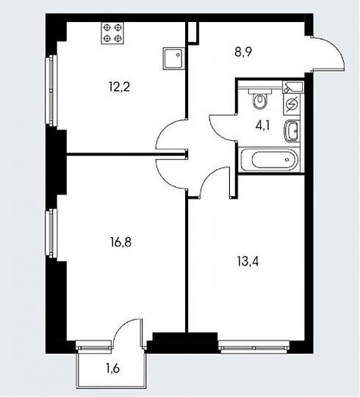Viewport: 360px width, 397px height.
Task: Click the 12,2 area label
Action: pyautogui.click(x=119, y=87)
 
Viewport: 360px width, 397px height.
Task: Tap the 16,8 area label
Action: pyautogui.click(x=121, y=242)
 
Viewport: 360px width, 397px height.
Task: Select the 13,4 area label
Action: pyautogui.click(x=248, y=261)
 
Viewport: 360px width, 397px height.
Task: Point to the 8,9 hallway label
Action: pyautogui.click(x=243, y=53)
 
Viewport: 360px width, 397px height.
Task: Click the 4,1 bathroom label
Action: pyautogui.click(x=263, y=125)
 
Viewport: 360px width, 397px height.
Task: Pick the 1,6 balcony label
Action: pyautogui.click(x=113, y=368)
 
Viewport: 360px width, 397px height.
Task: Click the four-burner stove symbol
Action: pyautogui.click(x=112, y=33)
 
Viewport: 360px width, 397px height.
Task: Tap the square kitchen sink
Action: pyautogui.click(x=173, y=58)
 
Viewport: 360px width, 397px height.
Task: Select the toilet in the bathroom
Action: pyautogui.click(x=260, y=99)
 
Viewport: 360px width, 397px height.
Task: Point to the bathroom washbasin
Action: pyautogui.click(x=292, y=131)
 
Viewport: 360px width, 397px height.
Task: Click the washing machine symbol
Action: pyautogui.click(x=292, y=103)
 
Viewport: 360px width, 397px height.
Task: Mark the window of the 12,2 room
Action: pyautogui.click(x=51, y=90)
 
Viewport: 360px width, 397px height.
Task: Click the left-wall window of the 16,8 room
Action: pyautogui.click(x=51, y=233)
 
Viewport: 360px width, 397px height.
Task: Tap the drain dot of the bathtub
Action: pyautogui.click(x=287, y=160)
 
